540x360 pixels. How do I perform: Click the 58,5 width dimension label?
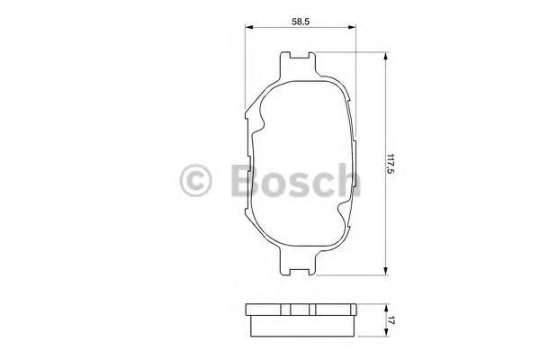[301, 22]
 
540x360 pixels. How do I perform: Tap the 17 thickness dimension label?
[391, 320]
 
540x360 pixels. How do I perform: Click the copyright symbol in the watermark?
[195, 181]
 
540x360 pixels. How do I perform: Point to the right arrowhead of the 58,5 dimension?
[352, 27]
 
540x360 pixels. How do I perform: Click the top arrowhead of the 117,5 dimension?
[386, 57]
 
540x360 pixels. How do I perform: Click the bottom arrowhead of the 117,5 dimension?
[386, 270]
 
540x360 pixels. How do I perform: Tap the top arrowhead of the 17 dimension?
[386, 308]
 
